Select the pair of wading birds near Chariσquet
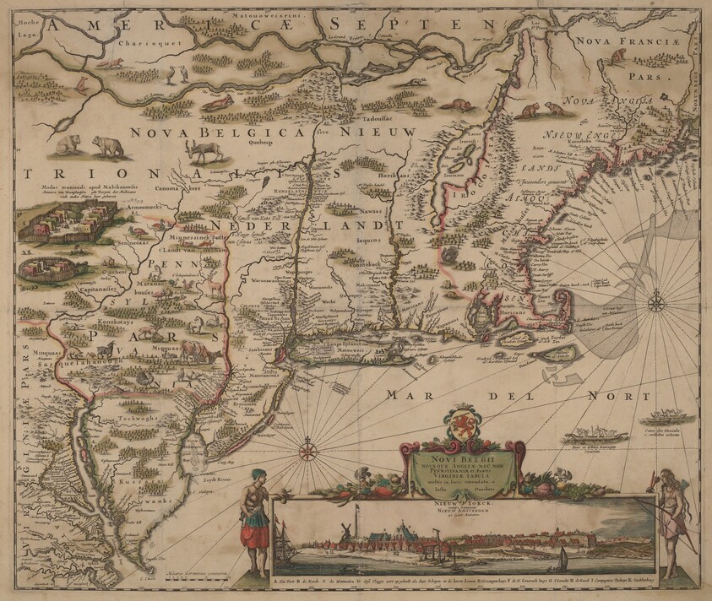pyautogui.click(x=174, y=75)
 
